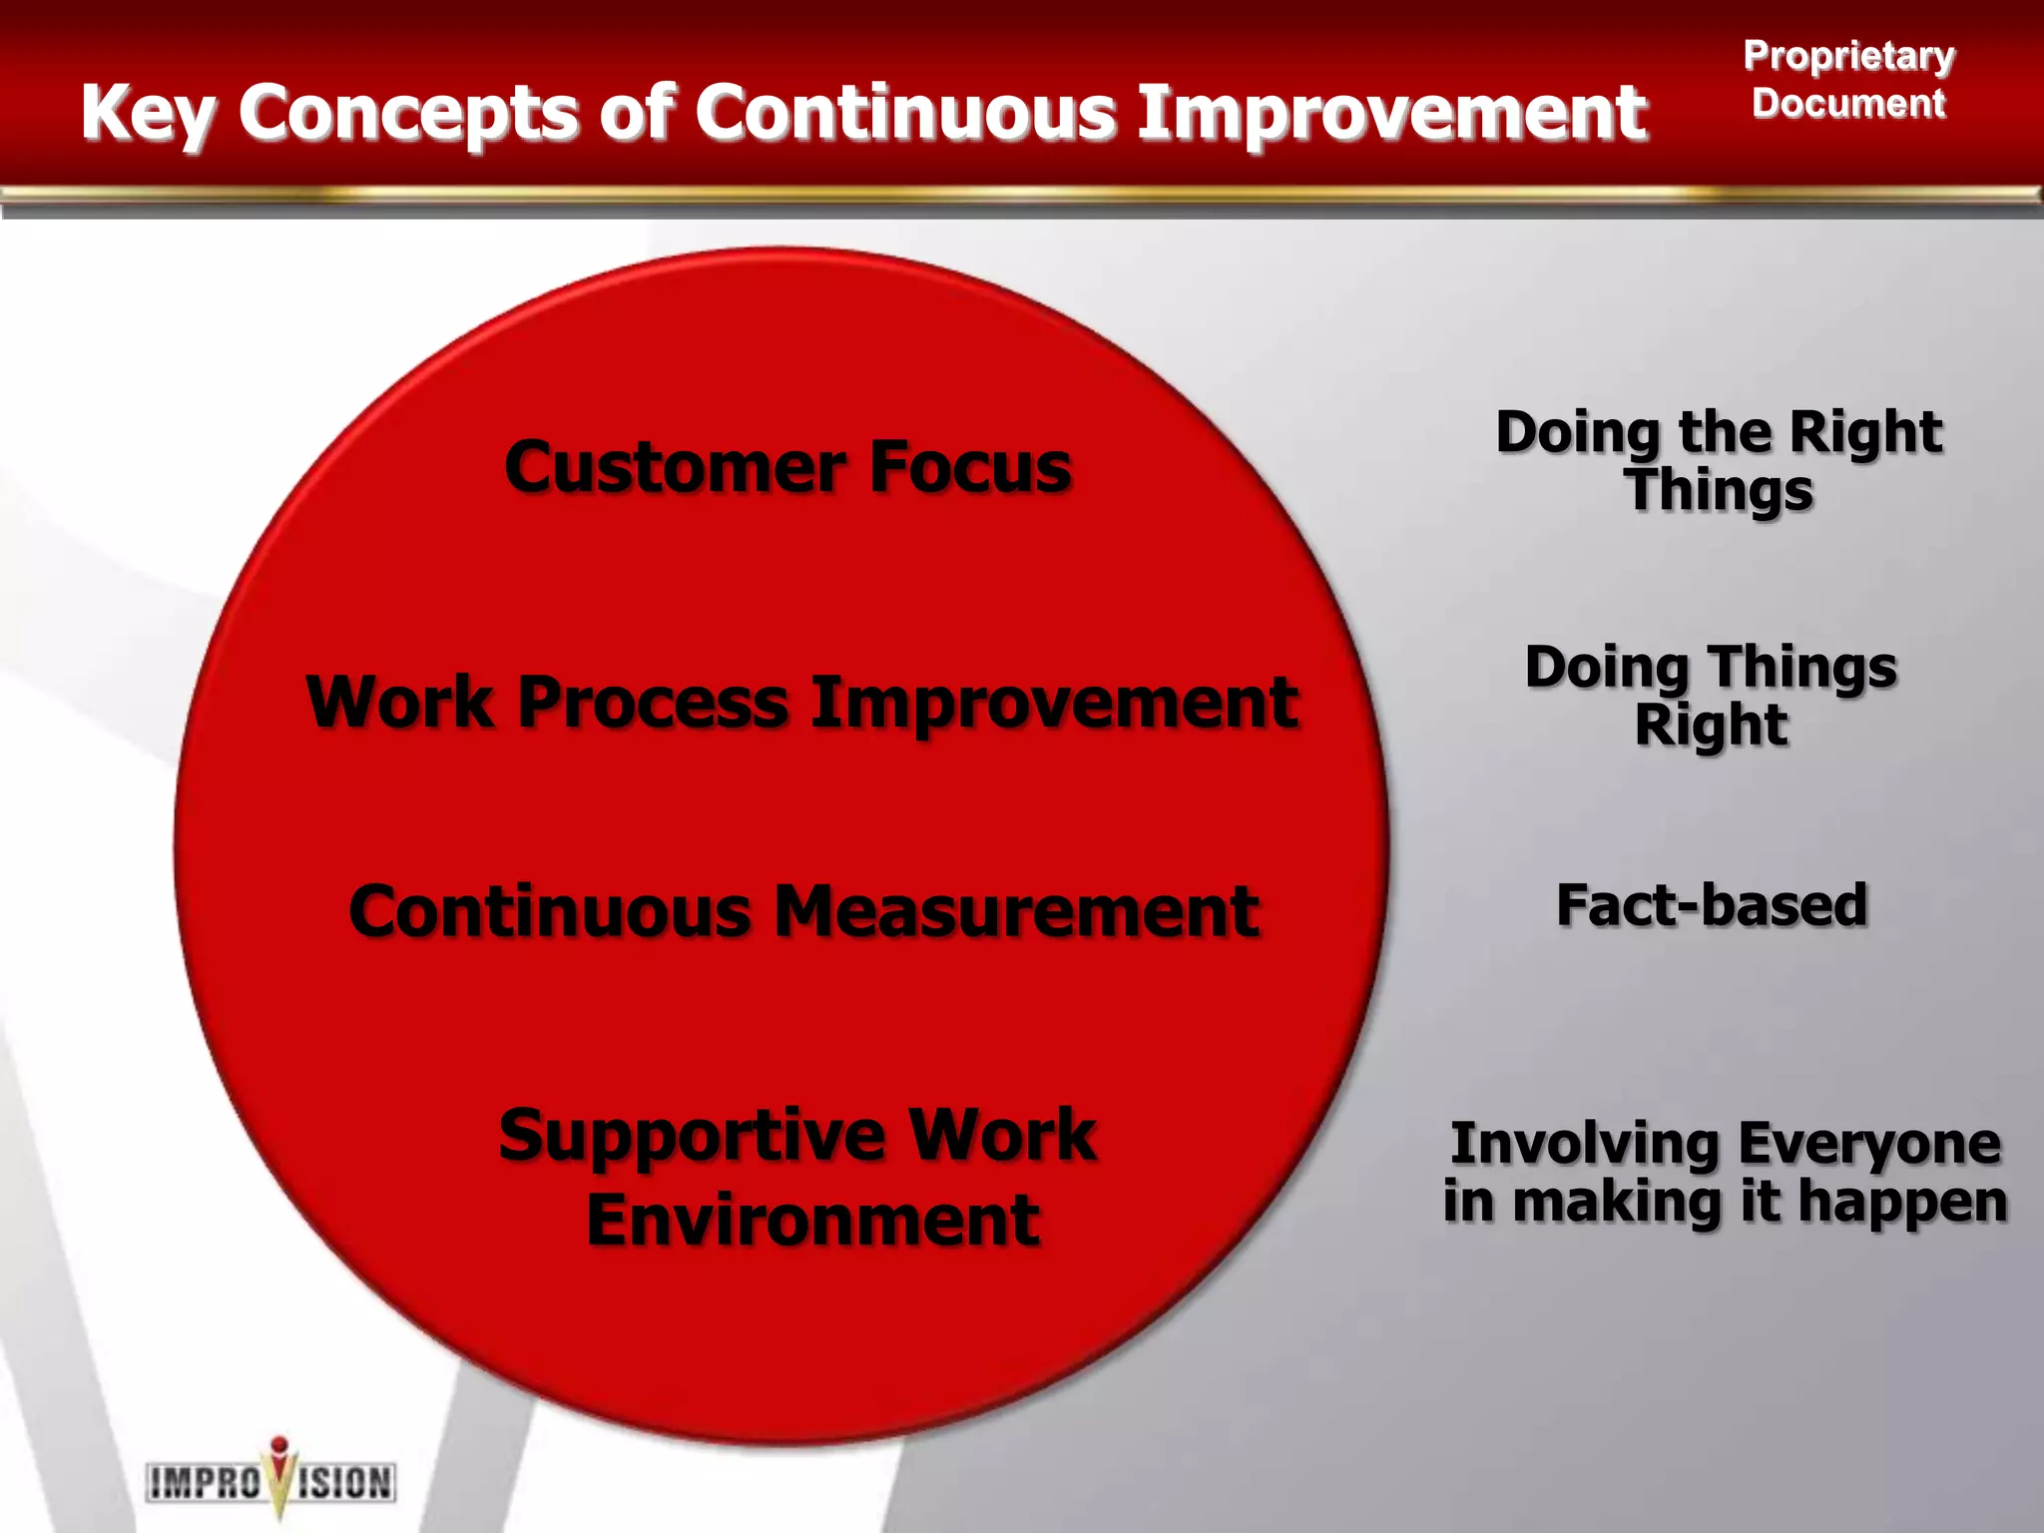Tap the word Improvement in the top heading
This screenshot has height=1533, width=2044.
point(1391,112)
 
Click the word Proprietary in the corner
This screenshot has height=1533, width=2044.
point(1848,56)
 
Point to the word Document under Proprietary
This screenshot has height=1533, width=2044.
point(1848,104)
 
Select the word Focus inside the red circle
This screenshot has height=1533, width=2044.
point(970,467)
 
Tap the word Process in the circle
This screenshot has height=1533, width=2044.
point(653,703)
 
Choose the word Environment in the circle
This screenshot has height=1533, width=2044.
point(812,1220)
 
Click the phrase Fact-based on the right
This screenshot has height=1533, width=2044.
point(1712,905)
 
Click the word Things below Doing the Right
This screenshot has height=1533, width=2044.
point(1719,491)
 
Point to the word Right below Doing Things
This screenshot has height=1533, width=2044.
point(1711,726)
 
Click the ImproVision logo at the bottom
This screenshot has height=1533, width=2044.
point(270,1481)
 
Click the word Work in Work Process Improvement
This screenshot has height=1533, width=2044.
point(399,703)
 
